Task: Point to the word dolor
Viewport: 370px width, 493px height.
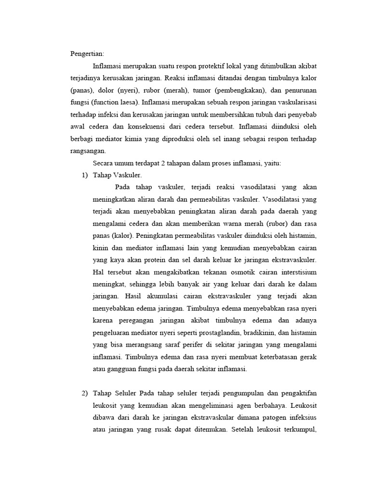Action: (x=109, y=90)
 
